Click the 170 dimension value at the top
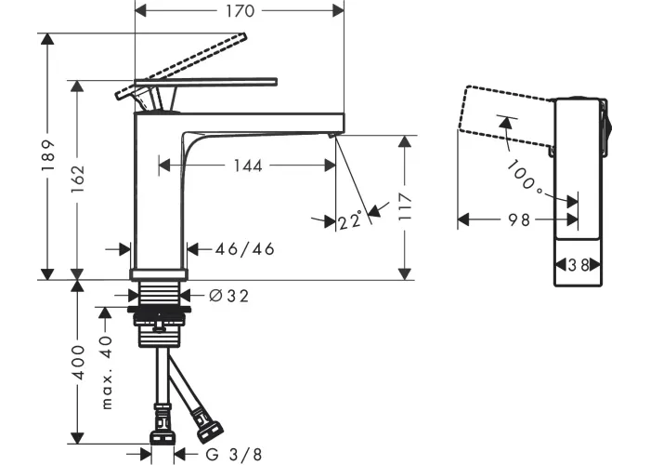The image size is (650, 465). [x=240, y=11]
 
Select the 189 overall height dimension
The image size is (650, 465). [x=48, y=155]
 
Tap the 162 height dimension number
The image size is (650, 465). [x=77, y=179]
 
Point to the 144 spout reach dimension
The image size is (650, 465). [x=248, y=166]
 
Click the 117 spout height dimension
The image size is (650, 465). [x=405, y=206]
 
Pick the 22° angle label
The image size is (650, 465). [x=350, y=220]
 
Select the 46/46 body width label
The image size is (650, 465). [x=244, y=249]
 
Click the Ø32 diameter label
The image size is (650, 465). [x=228, y=296]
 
